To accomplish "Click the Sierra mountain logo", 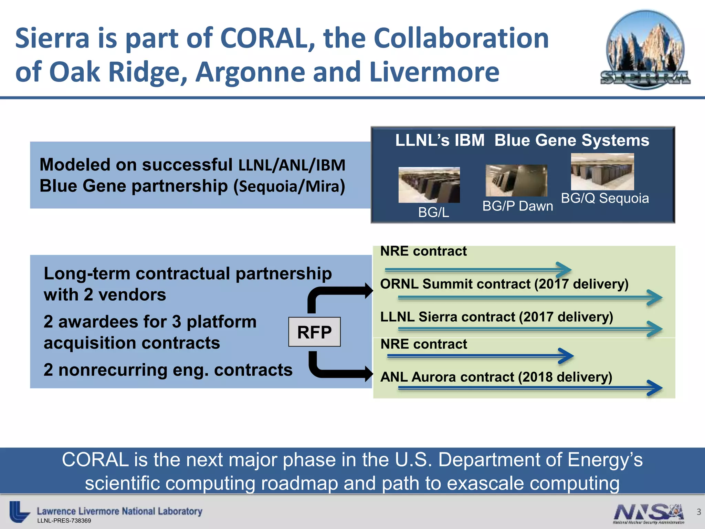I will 645,50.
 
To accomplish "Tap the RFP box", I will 314,332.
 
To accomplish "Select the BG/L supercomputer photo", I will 429,185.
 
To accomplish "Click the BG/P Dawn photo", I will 516,180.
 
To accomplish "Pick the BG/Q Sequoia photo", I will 602,172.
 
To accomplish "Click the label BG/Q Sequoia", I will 605,198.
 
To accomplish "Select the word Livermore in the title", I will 434,72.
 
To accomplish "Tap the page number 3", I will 698,512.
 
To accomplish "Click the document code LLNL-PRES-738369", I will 64,521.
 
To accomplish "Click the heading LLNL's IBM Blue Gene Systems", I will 522,140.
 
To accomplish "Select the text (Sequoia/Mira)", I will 289,186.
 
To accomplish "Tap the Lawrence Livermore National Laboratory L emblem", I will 19,511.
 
